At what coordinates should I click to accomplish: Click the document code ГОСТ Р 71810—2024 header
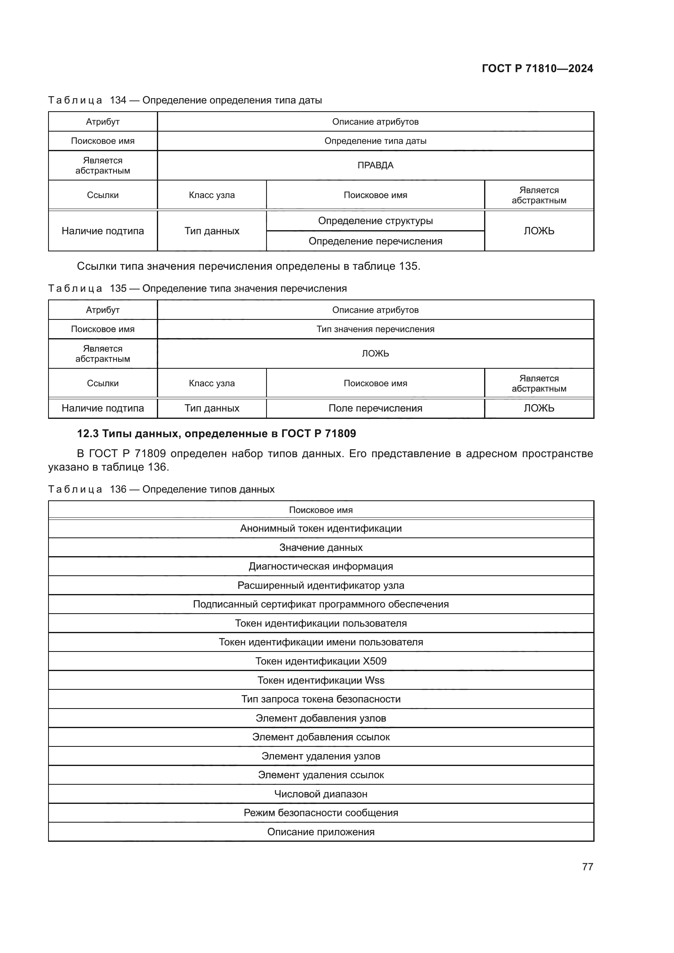coord(537,68)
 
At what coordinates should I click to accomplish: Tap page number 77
coord(587,867)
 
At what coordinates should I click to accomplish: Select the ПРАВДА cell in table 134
coord(375,165)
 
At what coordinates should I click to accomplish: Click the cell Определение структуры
coord(375,221)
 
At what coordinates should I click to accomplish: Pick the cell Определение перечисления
coord(375,241)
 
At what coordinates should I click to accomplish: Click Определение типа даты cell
coord(375,141)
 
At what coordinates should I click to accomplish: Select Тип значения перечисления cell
coord(375,329)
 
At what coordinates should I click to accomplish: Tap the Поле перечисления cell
coord(375,408)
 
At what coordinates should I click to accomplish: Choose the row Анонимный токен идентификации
coord(321,528)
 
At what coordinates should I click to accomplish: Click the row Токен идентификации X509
coord(321,661)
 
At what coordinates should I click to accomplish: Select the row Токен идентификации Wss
coord(321,680)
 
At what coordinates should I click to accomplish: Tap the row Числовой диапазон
coord(321,794)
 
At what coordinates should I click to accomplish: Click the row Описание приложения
coord(321,832)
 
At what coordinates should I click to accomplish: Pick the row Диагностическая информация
coord(321,566)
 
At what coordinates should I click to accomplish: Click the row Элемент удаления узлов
coord(321,756)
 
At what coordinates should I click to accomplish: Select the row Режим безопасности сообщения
coord(321,813)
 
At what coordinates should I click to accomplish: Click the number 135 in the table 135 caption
coord(118,288)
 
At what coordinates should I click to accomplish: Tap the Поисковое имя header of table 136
coord(321,510)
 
